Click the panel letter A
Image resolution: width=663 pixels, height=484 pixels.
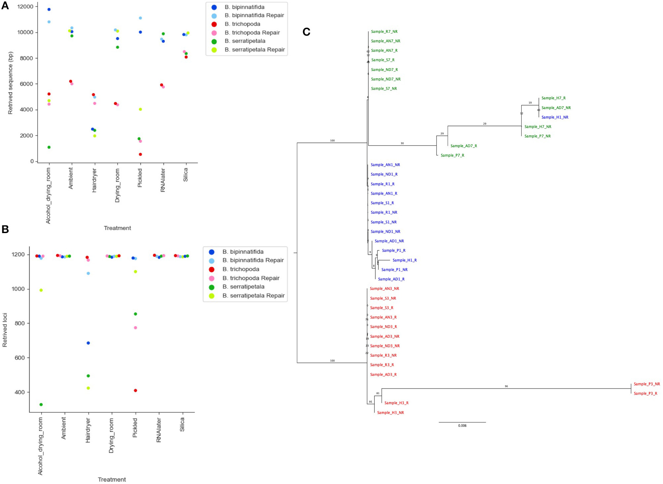[x=5, y=6]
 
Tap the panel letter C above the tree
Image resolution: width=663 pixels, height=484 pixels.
[x=306, y=32]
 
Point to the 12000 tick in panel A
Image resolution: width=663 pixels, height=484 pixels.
[x=25, y=7]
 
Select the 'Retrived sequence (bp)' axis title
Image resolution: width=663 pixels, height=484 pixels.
[x=10, y=83]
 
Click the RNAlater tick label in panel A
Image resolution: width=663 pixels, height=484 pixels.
[x=163, y=180]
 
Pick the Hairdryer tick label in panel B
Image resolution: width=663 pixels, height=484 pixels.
[x=88, y=430]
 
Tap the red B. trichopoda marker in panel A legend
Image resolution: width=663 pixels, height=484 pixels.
[x=214, y=24]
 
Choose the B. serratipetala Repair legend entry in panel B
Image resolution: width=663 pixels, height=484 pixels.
[x=253, y=295]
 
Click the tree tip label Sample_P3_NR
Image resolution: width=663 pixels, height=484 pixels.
[x=646, y=384]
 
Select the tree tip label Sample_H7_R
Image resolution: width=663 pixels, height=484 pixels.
[x=553, y=98]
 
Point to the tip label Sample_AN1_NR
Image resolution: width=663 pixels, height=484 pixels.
[x=385, y=165]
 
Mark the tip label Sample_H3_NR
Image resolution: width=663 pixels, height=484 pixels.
[x=390, y=413]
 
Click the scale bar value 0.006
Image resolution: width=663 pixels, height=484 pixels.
[x=462, y=426]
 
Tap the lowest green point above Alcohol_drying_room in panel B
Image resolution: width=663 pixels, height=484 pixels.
[x=41, y=404]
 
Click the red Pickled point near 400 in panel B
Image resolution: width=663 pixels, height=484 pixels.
[x=135, y=390]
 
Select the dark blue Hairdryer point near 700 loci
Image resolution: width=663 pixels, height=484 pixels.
[x=88, y=343]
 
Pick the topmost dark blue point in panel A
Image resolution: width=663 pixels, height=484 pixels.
[x=49, y=9]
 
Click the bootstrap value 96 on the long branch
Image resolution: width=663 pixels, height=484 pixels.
[x=506, y=386]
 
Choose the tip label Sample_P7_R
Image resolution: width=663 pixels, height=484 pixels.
[x=452, y=155]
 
